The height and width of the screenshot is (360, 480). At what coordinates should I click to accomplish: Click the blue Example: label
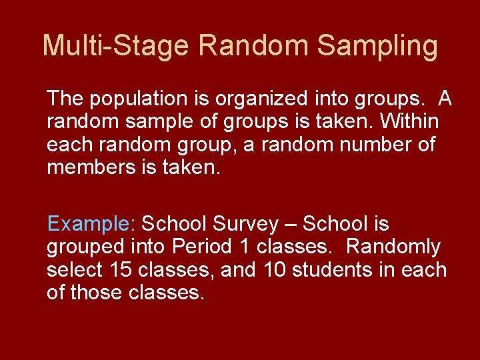tap(91, 223)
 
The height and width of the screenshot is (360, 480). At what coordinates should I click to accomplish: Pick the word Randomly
tap(393, 247)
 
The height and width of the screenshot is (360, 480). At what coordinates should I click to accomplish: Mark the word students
tap(331, 269)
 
